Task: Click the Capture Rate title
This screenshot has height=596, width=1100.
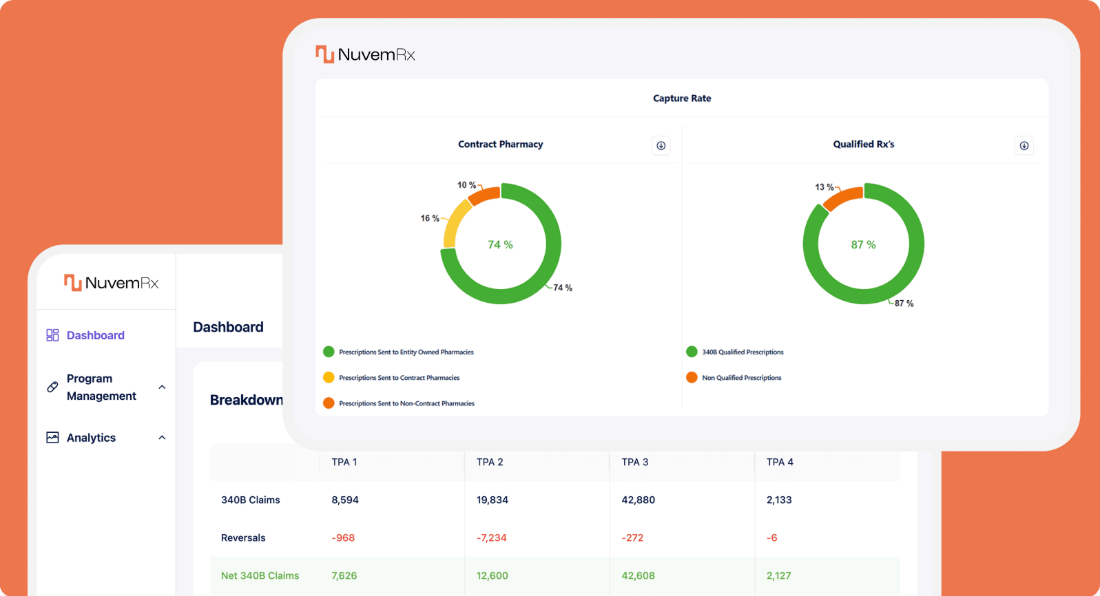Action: [x=682, y=98]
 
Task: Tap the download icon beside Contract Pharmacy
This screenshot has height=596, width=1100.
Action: [x=661, y=145]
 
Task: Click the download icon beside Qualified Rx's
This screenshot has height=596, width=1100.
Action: [x=1024, y=145]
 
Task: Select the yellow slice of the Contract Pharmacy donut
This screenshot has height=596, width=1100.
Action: [x=454, y=224]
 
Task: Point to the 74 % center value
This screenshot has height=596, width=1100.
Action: [x=500, y=244]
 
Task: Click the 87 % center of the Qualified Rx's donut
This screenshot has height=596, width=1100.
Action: [x=863, y=244]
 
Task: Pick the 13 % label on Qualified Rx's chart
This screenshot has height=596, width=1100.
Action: [x=824, y=187]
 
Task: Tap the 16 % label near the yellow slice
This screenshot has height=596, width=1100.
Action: [x=430, y=218]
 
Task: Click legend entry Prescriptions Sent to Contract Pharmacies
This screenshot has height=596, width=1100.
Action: [x=399, y=378]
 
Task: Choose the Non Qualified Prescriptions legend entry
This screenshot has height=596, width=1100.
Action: [x=741, y=378]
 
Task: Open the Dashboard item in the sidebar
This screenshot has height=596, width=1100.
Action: [x=95, y=335]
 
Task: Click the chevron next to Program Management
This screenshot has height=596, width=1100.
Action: [x=162, y=387]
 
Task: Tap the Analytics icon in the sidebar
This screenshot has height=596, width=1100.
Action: [x=52, y=438]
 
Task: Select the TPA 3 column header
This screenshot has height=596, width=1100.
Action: [x=634, y=462]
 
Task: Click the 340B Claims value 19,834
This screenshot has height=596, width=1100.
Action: [x=492, y=500]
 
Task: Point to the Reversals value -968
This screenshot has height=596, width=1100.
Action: [x=343, y=538]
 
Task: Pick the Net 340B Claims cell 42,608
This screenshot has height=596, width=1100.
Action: [x=638, y=575]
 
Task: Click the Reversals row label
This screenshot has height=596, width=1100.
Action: [x=243, y=538]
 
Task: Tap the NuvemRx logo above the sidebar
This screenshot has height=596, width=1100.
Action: [x=112, y=283]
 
